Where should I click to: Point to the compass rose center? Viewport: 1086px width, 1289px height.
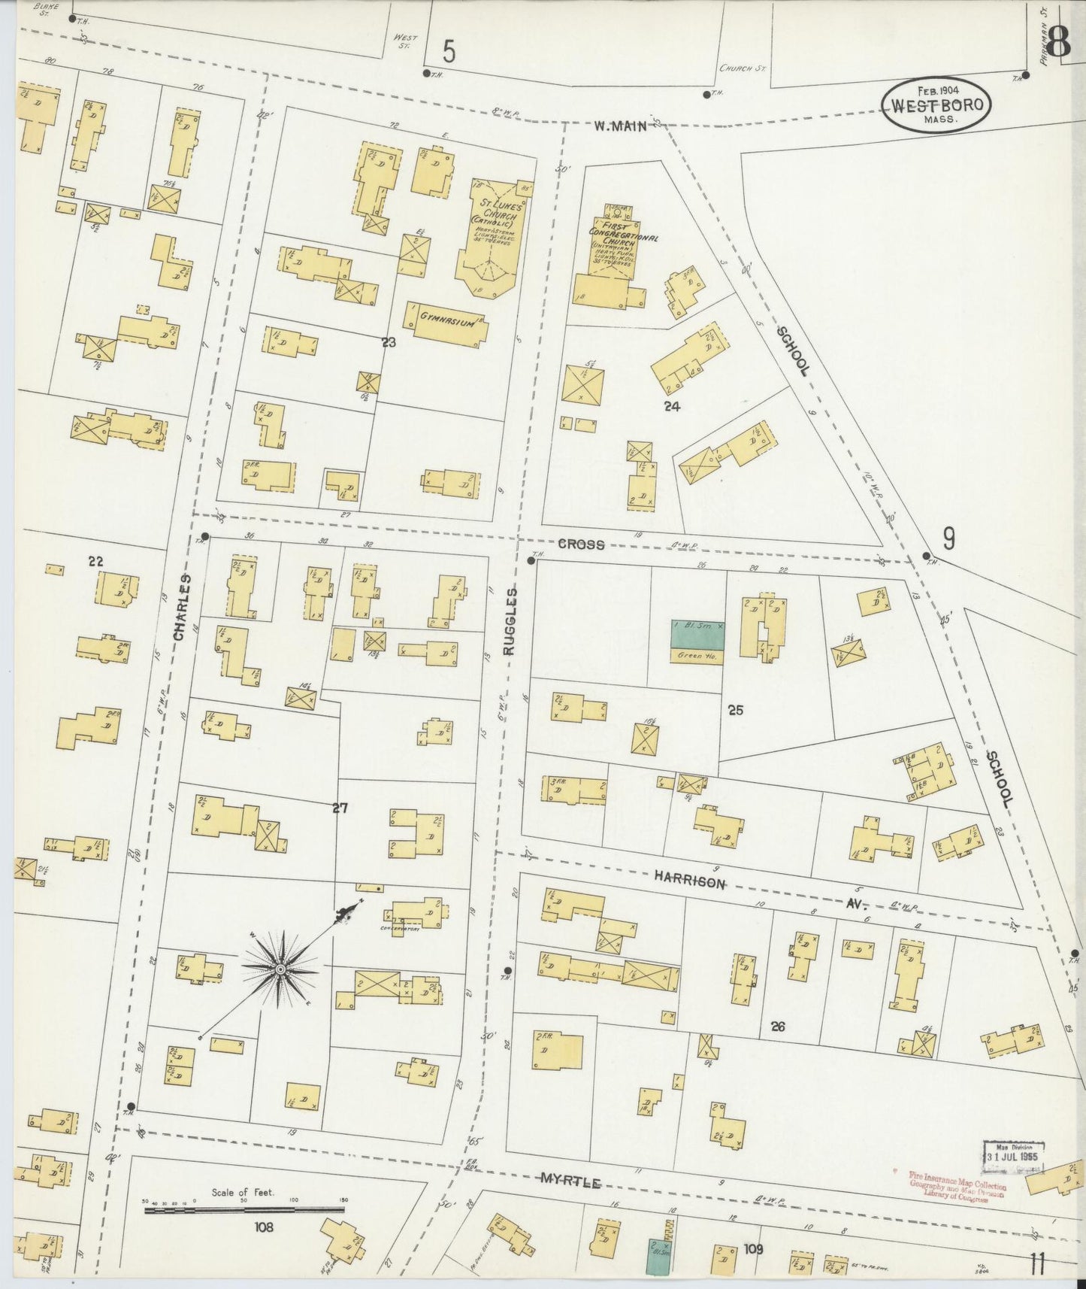[280, 969]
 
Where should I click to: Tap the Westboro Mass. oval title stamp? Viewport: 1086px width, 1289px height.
[936, 106]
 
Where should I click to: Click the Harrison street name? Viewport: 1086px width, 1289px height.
[689, 880]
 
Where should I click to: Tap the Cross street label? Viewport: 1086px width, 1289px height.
[581, 544]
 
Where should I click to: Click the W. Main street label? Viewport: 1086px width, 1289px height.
[621, 126]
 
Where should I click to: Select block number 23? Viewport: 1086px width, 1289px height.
[389, 343]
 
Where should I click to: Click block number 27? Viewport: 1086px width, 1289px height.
[340, 808]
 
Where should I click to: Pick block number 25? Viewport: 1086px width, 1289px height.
[735, 709]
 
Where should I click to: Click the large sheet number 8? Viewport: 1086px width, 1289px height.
[1058, 44]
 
